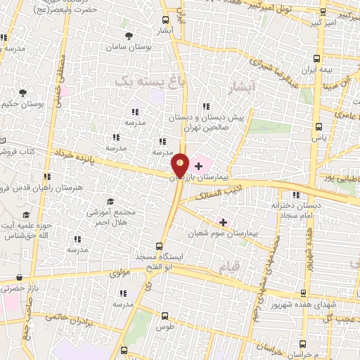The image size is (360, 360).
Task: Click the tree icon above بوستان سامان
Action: point(128,34)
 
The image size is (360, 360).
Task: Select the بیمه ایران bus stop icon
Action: point(316,59)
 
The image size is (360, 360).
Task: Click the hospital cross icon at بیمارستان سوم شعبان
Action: point(224,222)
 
